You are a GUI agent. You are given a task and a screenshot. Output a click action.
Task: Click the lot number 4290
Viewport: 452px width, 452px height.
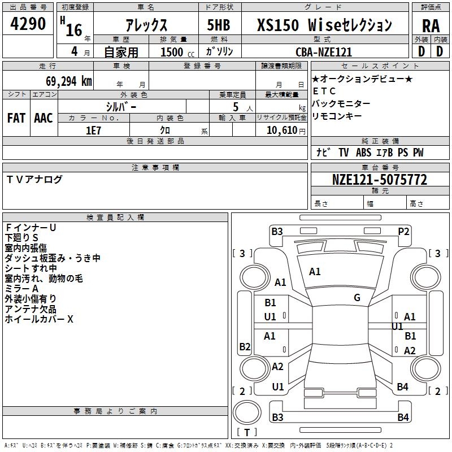[28, 24]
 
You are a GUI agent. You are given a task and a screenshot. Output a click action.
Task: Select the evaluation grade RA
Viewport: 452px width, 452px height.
[431, 26]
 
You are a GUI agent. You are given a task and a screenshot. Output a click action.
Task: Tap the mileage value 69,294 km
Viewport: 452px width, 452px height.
[69, 81]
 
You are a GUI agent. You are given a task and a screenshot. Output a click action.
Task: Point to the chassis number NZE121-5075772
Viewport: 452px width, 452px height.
[380, 180]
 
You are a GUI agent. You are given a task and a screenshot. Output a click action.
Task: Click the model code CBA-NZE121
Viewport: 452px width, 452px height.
[324, 52]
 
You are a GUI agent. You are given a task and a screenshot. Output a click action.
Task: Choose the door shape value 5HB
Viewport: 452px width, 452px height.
[219, 25]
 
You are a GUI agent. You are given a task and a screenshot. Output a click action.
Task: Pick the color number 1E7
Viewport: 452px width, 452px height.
[93, 131]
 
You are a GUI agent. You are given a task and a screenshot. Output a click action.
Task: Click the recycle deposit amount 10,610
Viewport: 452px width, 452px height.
[282, 131]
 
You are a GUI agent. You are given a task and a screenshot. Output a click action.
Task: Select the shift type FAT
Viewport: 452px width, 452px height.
[16, 118]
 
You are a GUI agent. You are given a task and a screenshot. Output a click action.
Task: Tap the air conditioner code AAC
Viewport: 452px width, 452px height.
[44, 118]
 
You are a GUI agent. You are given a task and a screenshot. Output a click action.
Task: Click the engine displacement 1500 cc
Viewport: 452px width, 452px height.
[177, 52]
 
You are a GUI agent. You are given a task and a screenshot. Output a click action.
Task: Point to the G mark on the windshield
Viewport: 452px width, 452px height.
[357, 298]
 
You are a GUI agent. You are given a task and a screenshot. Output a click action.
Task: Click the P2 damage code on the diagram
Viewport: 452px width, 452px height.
[403, 232]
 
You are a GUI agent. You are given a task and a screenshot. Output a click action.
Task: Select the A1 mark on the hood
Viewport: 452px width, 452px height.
[315, 272]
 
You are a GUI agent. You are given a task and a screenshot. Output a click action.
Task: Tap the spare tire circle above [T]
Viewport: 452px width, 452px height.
[247, 412]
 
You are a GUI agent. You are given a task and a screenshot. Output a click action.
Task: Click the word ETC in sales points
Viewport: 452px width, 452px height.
[324, 92]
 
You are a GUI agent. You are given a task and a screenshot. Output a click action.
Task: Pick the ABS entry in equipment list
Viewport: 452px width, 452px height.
[363, 153]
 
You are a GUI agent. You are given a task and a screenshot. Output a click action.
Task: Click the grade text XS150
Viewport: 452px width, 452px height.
[277, 25]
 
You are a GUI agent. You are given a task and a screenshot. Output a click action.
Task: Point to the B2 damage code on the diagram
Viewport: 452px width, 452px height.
[245, 346]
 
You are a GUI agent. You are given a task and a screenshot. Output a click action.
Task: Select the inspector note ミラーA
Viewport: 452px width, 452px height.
[21, 289]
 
